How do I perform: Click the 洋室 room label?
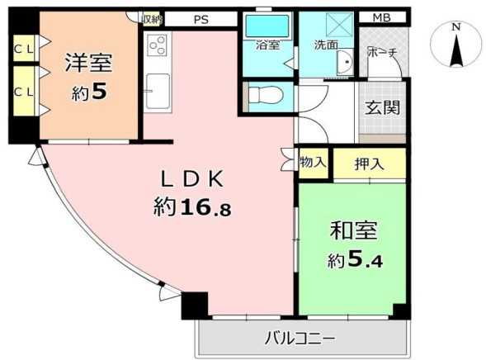88,63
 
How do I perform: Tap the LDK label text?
192,179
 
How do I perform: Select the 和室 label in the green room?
354,230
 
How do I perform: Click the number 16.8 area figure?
205,206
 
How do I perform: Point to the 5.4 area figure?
365,259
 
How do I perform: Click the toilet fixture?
266,95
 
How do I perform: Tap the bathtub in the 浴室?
267,26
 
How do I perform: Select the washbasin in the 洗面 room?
344,61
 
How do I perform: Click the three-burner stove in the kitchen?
157,45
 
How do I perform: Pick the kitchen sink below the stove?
158,91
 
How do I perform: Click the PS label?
201,20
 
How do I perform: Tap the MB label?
382,17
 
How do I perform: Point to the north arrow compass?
455,46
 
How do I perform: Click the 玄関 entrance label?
382,107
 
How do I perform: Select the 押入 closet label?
369,163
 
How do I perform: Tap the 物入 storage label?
313,162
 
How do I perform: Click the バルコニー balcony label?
300,339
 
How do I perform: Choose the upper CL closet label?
24,49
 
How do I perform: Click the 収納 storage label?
152,19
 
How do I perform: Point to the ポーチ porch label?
382,52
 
